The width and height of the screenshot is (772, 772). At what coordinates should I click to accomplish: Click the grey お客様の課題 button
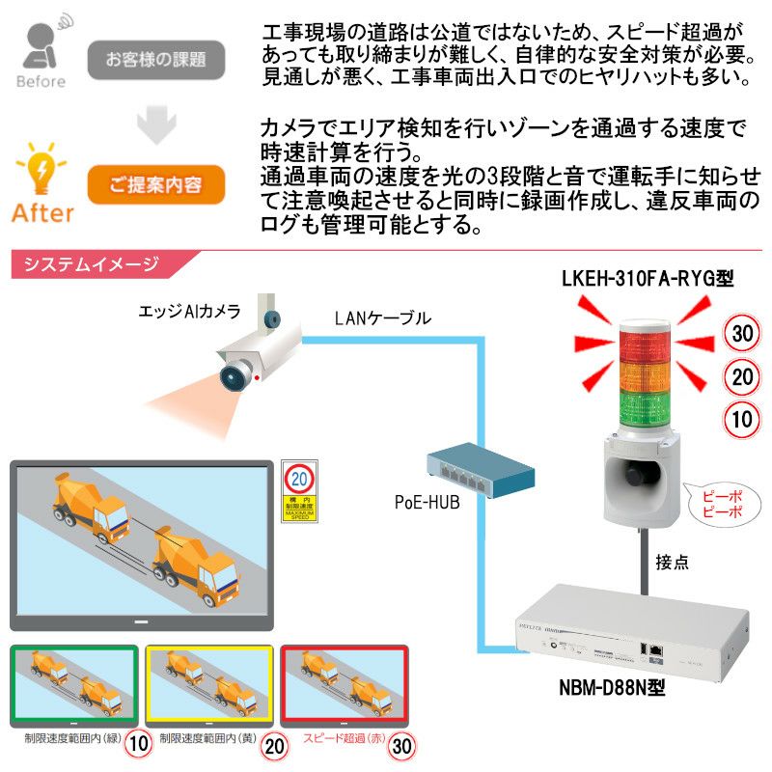(x=156, y=60)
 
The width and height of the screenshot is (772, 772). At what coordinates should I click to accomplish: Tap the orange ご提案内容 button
(x=156, y=185)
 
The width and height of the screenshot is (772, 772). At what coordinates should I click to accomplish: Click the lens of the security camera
(x=233, y=374)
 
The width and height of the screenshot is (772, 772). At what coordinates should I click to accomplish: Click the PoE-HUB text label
(x=427, y=503)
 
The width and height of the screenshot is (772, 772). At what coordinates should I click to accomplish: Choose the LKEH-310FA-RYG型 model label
(x=648, y=280)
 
